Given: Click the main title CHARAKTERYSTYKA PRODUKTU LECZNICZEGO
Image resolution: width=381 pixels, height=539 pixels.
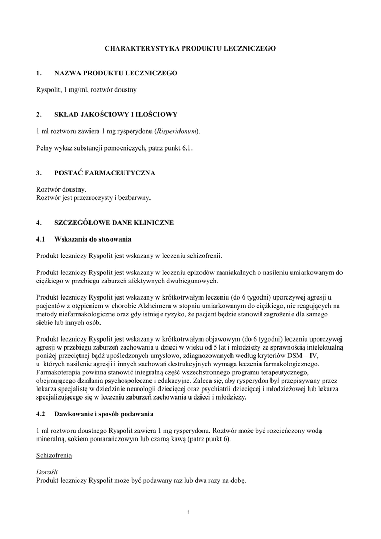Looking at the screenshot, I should pyautogui.click(x=190, y=48).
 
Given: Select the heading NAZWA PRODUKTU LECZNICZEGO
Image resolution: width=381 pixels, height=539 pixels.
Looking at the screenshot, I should pyautogui.click(x=116, y=73).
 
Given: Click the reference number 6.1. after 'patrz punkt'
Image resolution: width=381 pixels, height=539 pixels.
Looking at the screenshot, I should pyautogui.click(x=187, y=148).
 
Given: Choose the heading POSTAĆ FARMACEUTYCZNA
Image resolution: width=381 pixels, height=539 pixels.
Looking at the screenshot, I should pyautogui.click(x=105, y=172).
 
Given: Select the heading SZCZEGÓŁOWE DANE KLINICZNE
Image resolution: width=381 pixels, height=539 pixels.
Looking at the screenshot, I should pyautogui.click(x=114, y=223).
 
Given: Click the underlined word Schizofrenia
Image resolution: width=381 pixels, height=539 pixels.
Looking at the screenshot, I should pyautogui.click(x=54, y=455).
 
